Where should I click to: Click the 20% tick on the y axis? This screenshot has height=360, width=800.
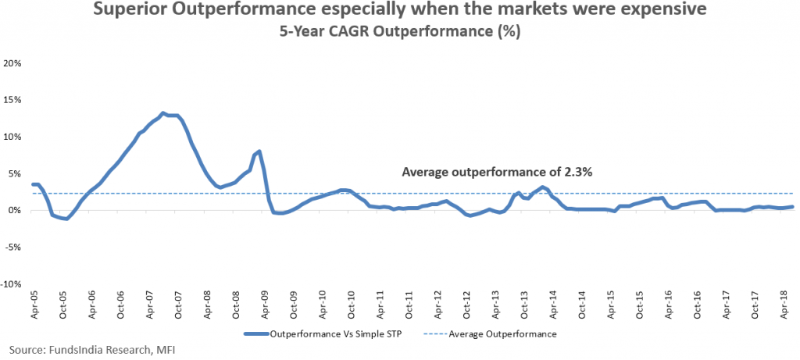coord(14,62)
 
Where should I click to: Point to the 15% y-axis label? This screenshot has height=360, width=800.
coord(14,99)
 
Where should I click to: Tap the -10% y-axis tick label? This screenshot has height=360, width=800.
coord(12,285)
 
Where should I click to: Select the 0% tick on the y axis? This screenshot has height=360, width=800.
coord(16,211)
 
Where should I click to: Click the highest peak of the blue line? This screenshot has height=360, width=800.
coord(163,113)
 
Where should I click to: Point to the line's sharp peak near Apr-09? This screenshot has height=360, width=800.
coord(259,151)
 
